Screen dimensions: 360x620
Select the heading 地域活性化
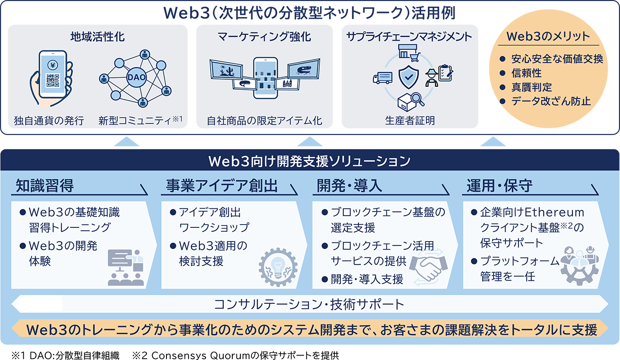coord(97,37)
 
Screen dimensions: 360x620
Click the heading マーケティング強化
coord(264,37)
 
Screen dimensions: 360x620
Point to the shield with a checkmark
coord(409,76)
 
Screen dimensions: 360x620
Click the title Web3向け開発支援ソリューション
coord(310,161)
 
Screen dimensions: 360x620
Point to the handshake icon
coord(428,267)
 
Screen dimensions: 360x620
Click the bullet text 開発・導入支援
coord(367,279)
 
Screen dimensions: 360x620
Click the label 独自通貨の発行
coord(50,121)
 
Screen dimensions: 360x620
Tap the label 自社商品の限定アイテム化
coord(264,121)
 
